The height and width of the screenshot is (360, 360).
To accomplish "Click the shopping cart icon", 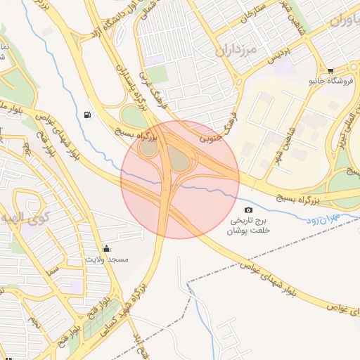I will click(x=330, y=70).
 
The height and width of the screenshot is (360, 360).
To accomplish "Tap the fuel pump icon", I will click(x=86, y=115).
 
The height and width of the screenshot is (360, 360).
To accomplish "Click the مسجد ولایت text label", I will click(x=107, y=259).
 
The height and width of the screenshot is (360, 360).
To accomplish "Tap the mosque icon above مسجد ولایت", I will click(x=106, y=248).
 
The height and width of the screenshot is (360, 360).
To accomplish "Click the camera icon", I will click(x=247, y=210).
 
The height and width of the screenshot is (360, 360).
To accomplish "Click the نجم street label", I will click(x=34, y=323).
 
